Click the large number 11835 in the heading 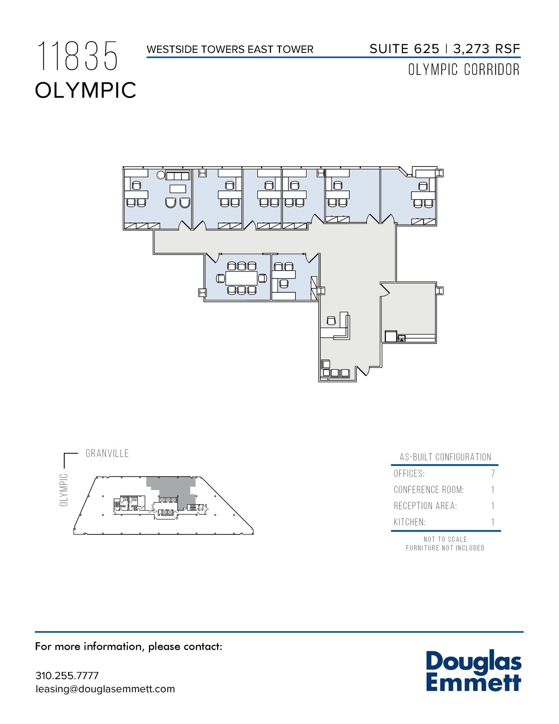(77, 56)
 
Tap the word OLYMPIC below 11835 (85, 90)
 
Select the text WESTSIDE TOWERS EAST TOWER (230, 49)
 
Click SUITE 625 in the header (404, 49)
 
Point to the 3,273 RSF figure (487, 49)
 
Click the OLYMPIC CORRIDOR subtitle (464, 70)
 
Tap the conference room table (242, 278)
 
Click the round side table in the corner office (161, 175)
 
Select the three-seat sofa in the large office (178, 176)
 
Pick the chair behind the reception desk (331, 321)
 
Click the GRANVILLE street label (107, 454)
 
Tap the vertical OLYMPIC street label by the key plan (64, 490)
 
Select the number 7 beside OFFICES (493, 474)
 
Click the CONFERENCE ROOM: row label (429, 490)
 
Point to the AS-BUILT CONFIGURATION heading (445, 457)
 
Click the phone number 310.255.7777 (67, 676)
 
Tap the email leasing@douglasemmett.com (105, 689)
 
